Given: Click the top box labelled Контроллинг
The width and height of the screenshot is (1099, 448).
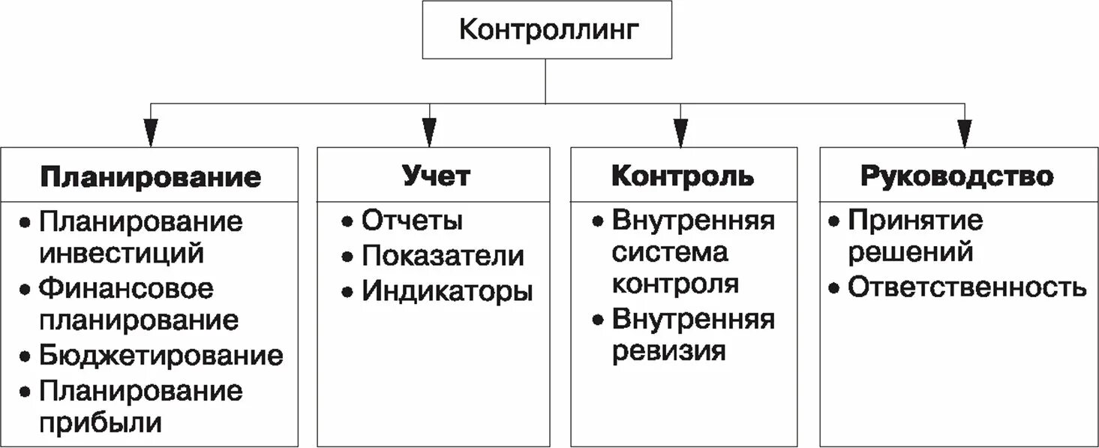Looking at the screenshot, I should pos(547,30).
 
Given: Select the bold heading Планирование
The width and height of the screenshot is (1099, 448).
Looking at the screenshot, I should pos(150,177).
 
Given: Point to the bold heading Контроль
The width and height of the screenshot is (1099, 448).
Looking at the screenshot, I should pos(683,176).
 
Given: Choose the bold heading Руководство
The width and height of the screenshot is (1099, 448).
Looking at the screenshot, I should pos(956,176).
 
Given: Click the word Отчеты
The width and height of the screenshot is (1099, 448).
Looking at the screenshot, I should pos(412,221).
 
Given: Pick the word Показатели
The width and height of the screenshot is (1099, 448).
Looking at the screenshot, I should pos(443,256).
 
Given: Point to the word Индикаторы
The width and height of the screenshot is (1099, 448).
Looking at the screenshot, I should pos(447,291).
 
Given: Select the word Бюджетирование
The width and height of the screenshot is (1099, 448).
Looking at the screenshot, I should pos(161,355).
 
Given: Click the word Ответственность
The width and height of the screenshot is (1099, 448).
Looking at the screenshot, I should pos(966,287).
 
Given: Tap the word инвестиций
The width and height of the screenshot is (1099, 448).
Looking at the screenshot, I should pos(122,254).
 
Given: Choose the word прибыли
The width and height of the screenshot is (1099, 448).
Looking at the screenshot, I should pos(101,422).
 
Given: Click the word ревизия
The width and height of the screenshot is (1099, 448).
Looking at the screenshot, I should pos(668,351).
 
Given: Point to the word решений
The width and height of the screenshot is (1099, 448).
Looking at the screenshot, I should pos(910,252).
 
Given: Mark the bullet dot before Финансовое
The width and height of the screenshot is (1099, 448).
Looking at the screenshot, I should pos(26,290).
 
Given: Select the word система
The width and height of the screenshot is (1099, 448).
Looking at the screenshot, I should pos(670,252).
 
